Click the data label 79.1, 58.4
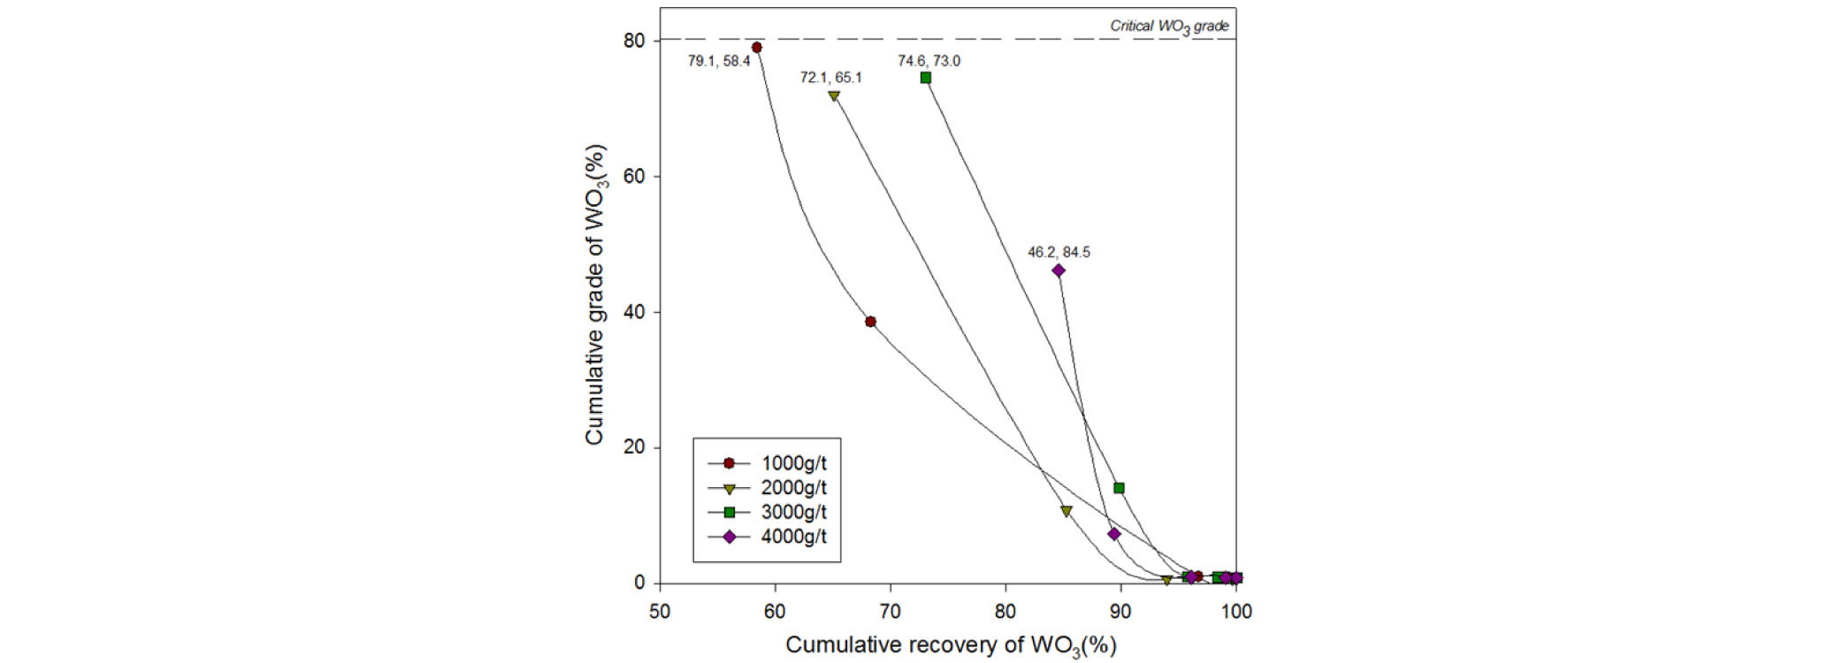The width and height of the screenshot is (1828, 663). click(x=719, y=61)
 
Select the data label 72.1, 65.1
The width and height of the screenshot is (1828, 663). click(x=830, y=78)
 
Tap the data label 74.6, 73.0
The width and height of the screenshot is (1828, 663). click(x=929, y=61)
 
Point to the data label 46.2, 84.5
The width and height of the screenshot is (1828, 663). click(x=1059, y=253)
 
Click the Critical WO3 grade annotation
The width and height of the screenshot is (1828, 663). click(x=1169, y=27)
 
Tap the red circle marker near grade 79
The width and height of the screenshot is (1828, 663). click(x=756, y=48)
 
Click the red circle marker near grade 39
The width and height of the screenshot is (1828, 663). click(x=870, y=322)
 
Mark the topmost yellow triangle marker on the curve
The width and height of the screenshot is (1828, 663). click(x=834, y=96)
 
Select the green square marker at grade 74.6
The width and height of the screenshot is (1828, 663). click(x=926, y=78)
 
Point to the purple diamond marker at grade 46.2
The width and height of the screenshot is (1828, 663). click(x=1059, y=271)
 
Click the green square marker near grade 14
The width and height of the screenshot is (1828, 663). click(x=1119, y=488)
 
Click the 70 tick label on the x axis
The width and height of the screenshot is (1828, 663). click(x=891, y=611)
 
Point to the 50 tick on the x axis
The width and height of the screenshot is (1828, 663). click(x=660, y=611)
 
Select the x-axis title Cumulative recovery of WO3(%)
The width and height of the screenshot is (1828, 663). click(x=951, y=646)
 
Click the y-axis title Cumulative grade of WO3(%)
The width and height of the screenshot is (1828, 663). click(x=595, y=294)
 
